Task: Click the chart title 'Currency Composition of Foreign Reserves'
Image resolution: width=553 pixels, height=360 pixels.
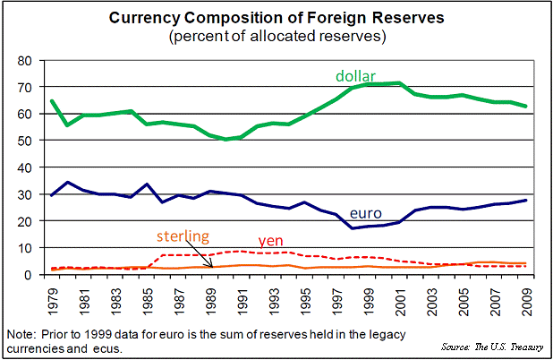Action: pyautogui.click(x=276, y=17)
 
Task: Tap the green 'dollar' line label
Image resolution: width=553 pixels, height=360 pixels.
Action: pyautogui.click(x=355, y=74)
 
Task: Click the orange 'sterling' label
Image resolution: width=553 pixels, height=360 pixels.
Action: pyautogui.click(x=183, y=237)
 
